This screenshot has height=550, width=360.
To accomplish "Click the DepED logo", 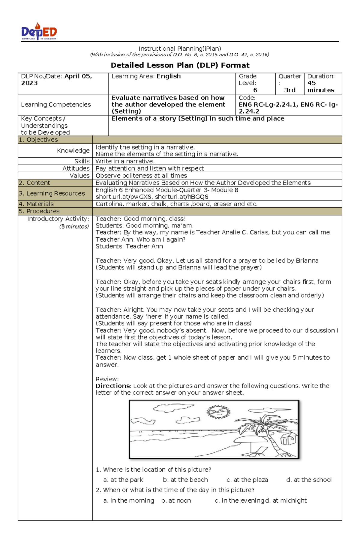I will (x=39, y=31).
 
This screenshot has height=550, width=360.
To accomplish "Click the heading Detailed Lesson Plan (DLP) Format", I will (x=180, y=65).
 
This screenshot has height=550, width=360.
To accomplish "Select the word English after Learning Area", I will (x=169, y=76).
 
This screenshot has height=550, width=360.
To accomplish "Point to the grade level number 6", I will (x=255, y=90).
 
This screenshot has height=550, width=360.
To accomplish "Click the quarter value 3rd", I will (x=289, y=90).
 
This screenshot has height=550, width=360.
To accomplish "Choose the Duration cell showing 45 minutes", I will (x=321, y=83).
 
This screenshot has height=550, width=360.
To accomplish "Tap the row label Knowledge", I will (x=73, y=150).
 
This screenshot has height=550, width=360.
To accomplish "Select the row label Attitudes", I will (x=76, y=168).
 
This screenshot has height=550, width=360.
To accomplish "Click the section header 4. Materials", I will (x=36, y=204).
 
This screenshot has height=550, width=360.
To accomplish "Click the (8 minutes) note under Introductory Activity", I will (x=74, y=227).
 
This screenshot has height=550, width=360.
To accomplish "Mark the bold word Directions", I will (x=112, y=386).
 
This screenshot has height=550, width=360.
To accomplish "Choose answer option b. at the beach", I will (x=185, y=480).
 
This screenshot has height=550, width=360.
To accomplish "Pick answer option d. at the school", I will (x=309, y=480).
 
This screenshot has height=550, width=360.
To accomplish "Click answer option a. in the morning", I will (x=128, y=501).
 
